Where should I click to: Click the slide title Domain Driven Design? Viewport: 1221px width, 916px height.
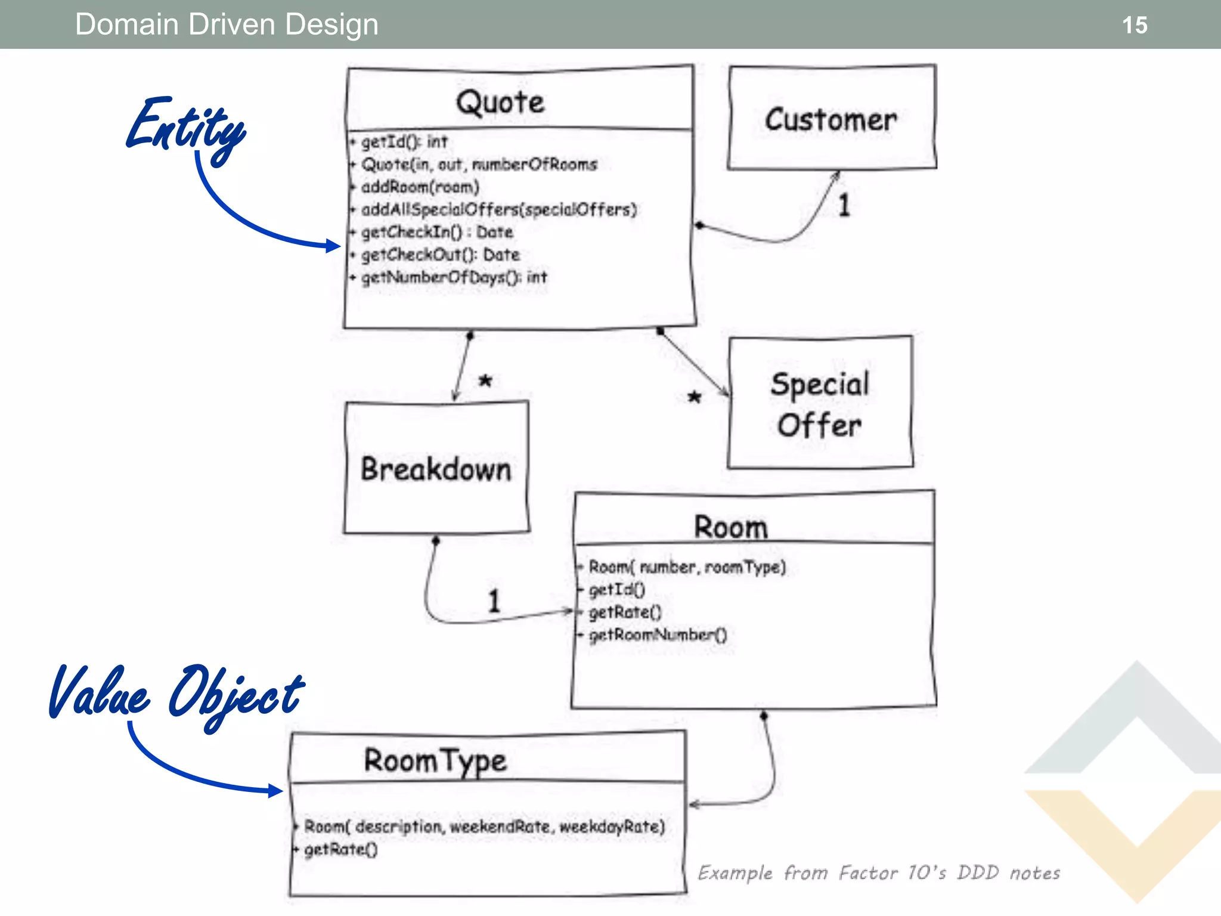[227, 25]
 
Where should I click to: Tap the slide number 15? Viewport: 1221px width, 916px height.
[1134, 25]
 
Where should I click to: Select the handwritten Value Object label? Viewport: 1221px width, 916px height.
[176, 695]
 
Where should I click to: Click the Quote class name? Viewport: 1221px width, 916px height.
[500, 102]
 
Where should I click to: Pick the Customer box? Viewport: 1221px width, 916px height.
[831, 119]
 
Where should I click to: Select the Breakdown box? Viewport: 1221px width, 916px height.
[436, 469]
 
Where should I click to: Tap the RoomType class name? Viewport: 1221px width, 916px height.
[435, 760]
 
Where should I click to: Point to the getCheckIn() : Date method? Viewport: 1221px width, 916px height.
[436, 232]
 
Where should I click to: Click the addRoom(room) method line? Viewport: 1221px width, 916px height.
[420, 187]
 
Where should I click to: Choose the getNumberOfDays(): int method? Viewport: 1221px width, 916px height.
[454, 277]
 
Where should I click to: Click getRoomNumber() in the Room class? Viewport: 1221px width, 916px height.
[658, 635]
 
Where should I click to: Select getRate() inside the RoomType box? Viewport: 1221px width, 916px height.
[340, 849]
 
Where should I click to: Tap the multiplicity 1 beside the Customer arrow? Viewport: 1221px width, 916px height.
[844, 206]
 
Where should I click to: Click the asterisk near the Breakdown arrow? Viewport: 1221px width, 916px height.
[485, 380]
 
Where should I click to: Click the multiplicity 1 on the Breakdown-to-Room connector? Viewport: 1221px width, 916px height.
[494, 601]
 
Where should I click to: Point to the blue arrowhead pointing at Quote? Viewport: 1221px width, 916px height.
[333, 245]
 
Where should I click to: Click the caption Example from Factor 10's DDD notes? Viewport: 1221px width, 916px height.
[879, 873]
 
